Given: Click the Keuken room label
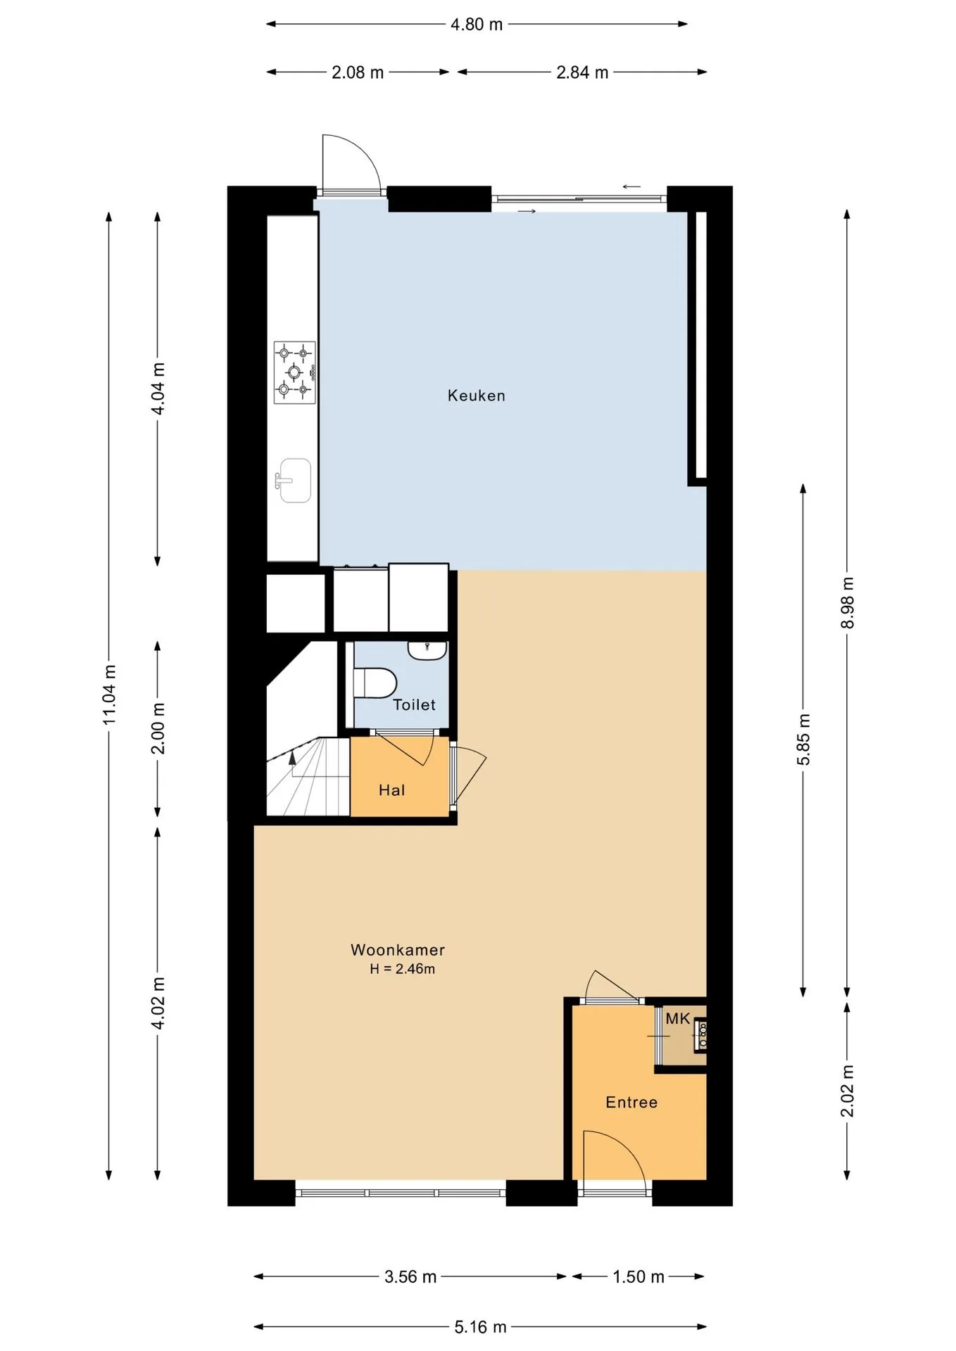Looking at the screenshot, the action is [x=477, y=395].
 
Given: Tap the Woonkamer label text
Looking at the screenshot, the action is [x=398, y=950].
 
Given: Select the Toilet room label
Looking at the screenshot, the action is [x=414, y=704].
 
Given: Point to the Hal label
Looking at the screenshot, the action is [x=391, y=790].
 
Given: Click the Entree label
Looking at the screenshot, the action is [x=631, y=1103].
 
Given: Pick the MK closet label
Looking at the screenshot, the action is [x=678, y=1018].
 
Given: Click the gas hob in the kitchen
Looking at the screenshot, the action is [x=294, y=372].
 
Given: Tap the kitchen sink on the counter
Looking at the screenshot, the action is [x=294, y=481].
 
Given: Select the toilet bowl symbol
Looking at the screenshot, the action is [x=375, y=683].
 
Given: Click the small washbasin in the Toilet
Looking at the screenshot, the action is [x=427, y=650].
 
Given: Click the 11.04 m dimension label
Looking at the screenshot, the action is [x=109, y=694].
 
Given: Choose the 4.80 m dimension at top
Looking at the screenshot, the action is [x=477, y=25].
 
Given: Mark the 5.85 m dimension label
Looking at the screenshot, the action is [x=804, y=739].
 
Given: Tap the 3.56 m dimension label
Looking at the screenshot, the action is [x=410, y=1276].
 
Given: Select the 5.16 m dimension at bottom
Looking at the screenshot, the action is [x=480, y=1327].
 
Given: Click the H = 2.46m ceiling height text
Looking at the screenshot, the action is [x=402, y=969].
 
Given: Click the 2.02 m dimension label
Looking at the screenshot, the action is [x=848, y=1091].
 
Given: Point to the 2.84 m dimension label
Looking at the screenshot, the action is [x=582, y=72].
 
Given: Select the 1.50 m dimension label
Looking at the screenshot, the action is [x=639, y=1276].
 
